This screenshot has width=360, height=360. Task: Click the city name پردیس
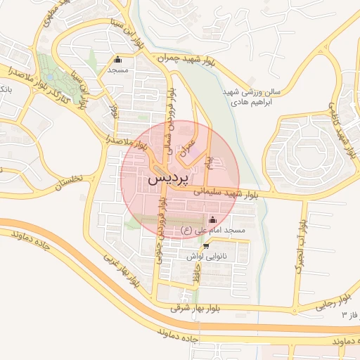(x=169, y=179)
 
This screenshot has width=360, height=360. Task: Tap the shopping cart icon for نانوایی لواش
(x=205, y=246)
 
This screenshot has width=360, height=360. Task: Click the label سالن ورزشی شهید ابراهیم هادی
(x=257, y=96)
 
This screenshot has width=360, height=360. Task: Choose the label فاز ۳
(x=349, y=314)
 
